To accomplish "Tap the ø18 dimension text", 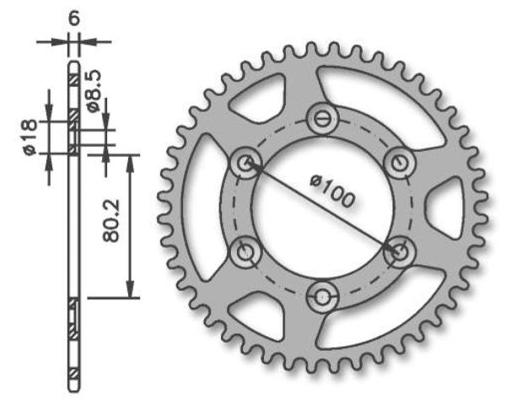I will tap(30, 137).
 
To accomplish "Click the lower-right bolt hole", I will tap(398, 251).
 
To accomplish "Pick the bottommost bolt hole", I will tap(322, 295).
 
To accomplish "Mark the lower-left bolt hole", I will tap(246, 251).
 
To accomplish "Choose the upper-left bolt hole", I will tap(246, 163).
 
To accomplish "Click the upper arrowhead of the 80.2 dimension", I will tap(131, 161).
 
